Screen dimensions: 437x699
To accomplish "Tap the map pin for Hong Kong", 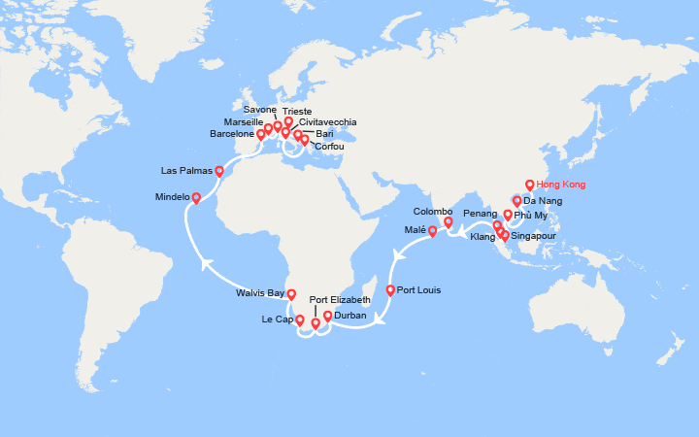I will click(x=529, y=184).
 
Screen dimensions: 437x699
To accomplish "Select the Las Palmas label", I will click(x=186, y=171).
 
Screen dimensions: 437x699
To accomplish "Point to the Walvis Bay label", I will click(x=260, y=292).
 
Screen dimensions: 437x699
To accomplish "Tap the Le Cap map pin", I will click(x=299, y=319).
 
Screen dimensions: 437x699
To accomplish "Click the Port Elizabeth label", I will click(x=340, y=300).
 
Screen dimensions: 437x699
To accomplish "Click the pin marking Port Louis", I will click(x=390, y=289).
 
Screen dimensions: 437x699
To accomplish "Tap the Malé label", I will click(x=415, y=230).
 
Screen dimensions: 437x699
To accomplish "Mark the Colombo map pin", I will click(x=449, y=221).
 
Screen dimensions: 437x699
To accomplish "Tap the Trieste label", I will click(x=298, y=112).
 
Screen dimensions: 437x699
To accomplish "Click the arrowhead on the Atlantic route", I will click(x=206, y=261).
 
